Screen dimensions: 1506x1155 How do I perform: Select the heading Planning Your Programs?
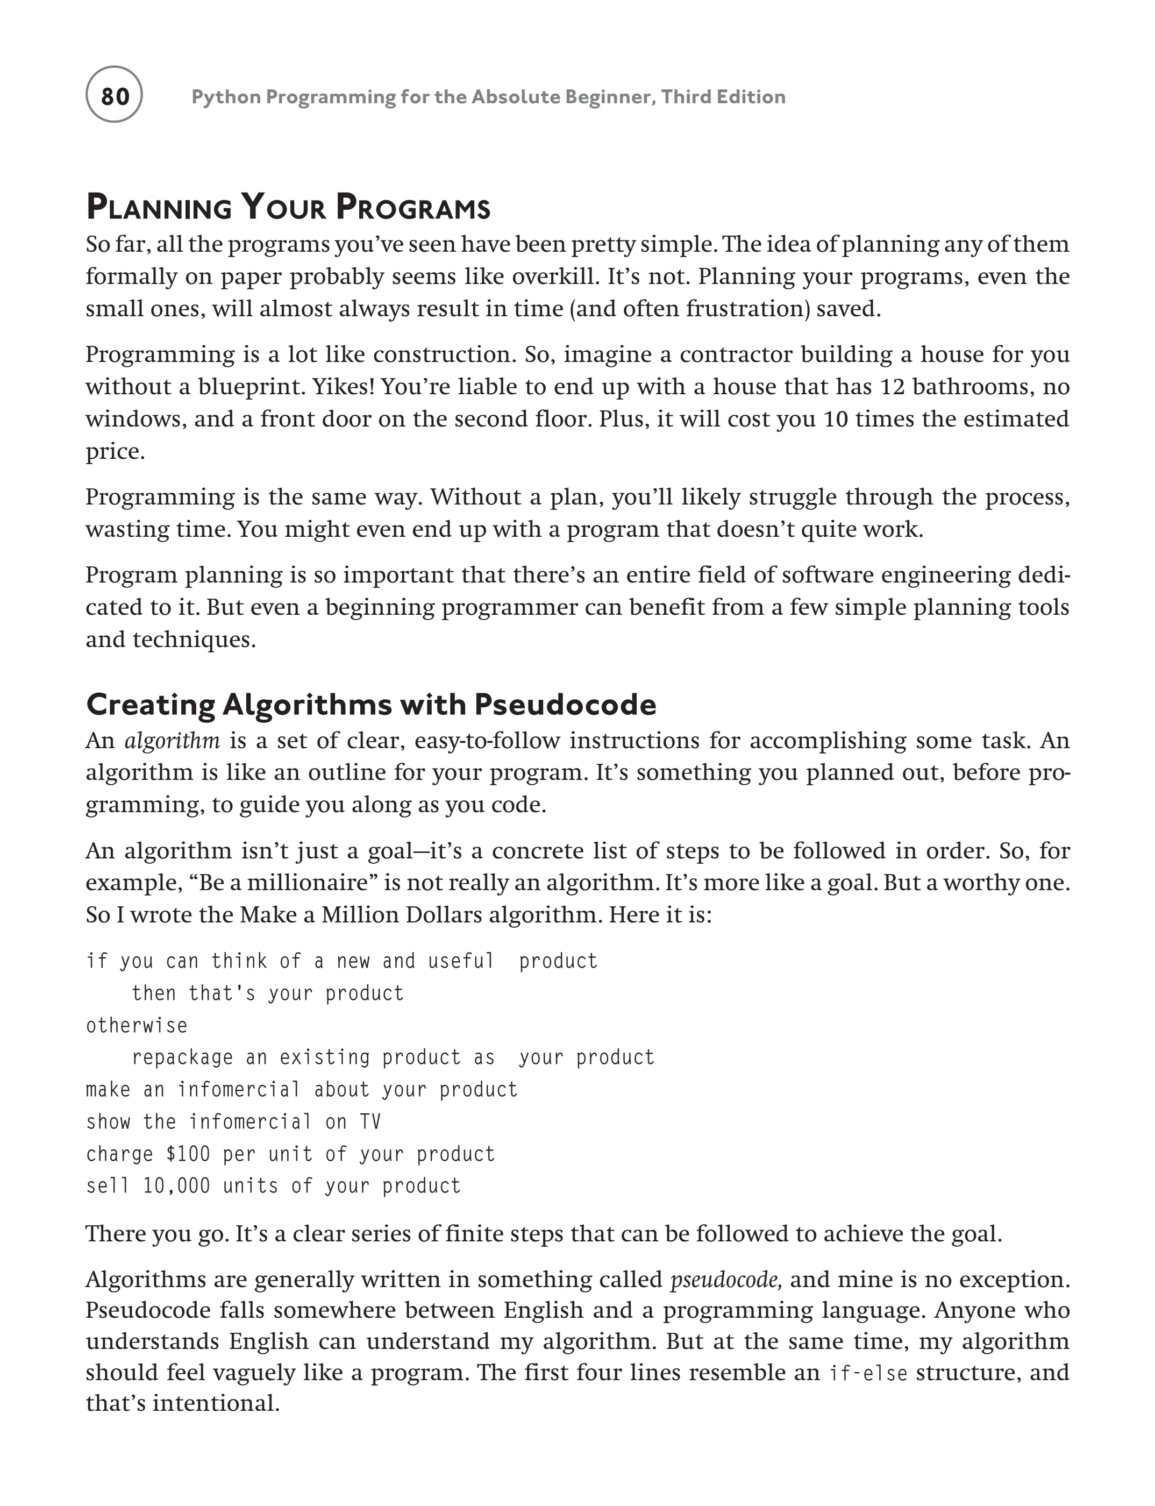coord(288,207)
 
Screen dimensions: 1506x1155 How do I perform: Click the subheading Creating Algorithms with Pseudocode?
coord(371,704)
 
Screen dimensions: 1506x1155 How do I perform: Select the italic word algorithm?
coord(173,741)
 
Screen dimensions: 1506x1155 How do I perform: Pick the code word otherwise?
coord(136,1025)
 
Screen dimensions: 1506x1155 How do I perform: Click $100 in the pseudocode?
coord(188,1154)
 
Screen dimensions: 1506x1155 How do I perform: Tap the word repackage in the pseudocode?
coord(182,1057)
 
